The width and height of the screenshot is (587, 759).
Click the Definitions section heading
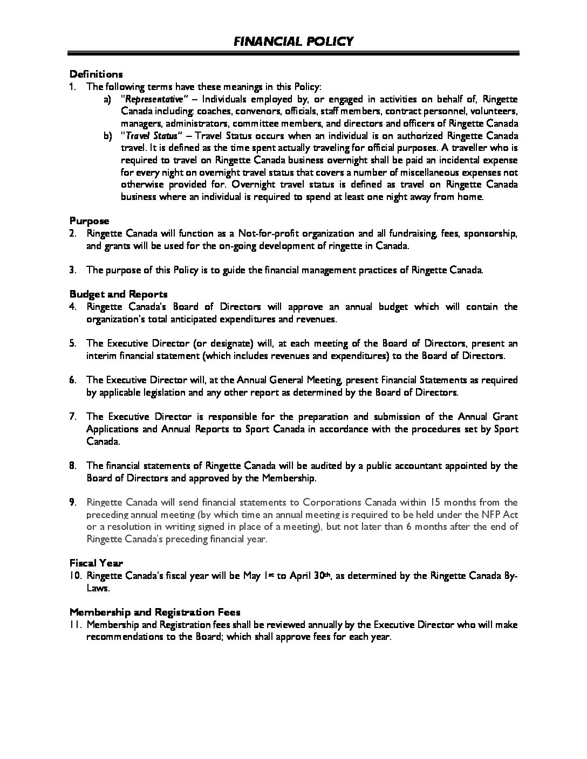coord(96,74)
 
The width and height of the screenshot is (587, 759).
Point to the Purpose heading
coord(89,221)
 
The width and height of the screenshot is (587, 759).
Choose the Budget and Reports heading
coord(118,294)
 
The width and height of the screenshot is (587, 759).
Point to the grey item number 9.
coord(72,502)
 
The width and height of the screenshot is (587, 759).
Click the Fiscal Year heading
coord(96,563)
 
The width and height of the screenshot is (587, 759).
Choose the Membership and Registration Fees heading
coord(155,612)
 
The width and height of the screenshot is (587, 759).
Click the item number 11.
coord(74,625)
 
